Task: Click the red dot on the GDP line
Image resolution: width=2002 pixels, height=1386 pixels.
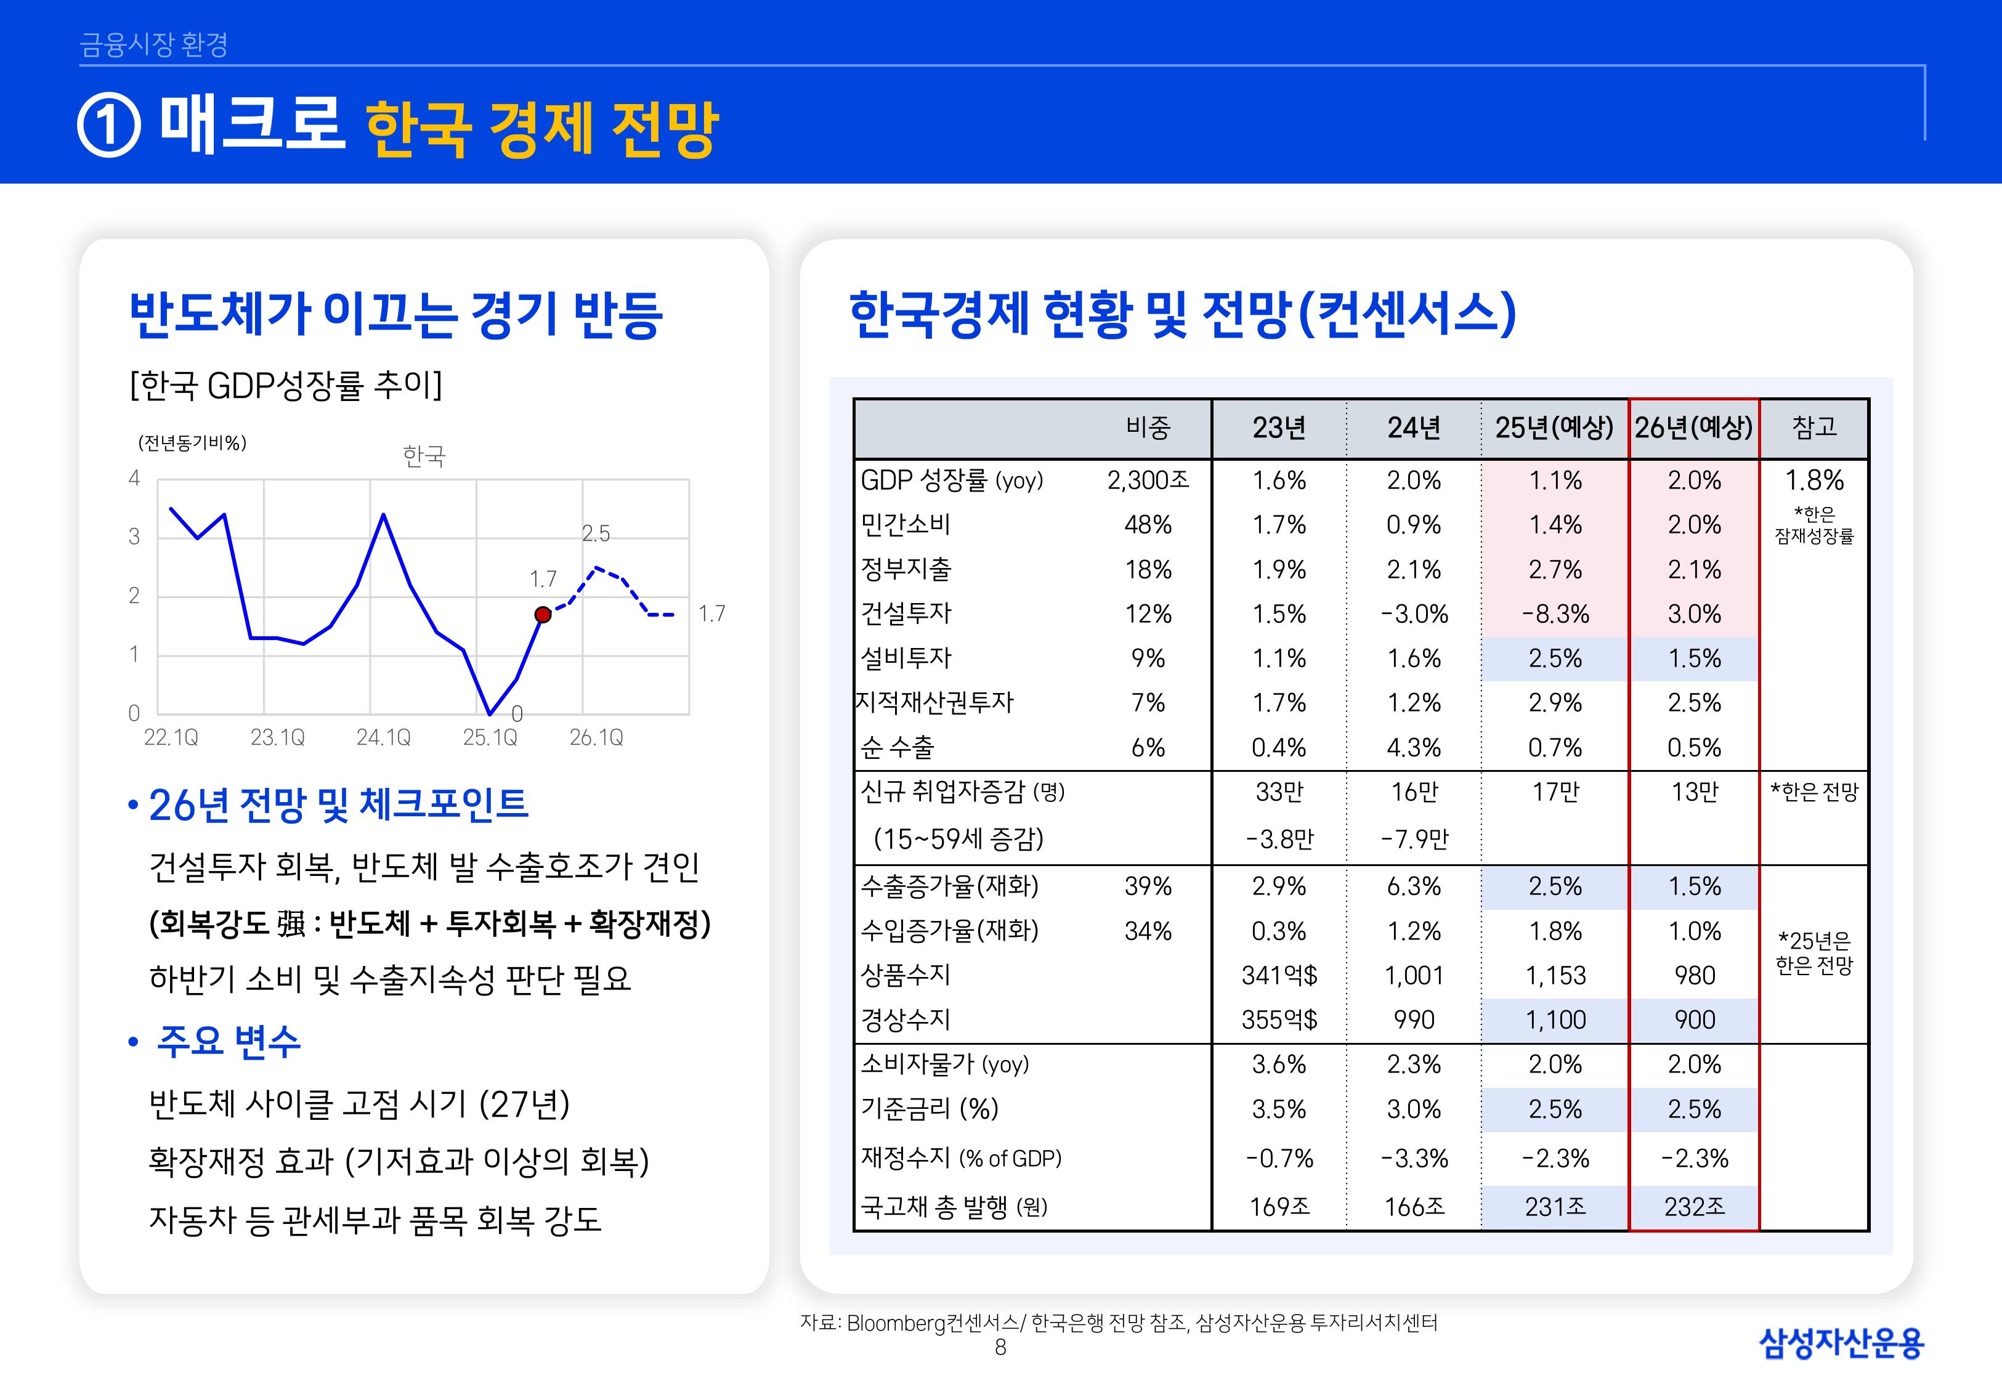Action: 543,615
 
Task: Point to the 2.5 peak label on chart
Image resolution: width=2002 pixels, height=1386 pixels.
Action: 596,533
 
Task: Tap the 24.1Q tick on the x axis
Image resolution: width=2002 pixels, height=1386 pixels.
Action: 383,737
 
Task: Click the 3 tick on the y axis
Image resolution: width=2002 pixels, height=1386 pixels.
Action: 134,537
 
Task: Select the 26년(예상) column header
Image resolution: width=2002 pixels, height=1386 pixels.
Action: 1694,428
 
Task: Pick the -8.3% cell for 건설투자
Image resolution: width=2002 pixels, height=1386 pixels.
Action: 1555,614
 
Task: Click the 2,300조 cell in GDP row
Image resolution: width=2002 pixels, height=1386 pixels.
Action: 1148,480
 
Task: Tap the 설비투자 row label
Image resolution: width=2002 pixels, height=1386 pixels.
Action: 906,659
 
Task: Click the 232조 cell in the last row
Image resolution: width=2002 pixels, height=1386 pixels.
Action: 1694,1206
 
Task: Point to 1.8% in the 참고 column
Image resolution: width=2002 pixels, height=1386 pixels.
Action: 1814,480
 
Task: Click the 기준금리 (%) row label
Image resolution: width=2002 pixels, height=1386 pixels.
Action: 929,1109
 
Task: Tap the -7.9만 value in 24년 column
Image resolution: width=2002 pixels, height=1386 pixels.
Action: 1414,839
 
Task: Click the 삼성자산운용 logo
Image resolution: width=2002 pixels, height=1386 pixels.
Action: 1841,1343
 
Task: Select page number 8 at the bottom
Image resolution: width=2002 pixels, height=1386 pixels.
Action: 1000,1347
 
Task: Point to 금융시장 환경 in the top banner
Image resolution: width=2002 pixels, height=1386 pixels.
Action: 153,44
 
